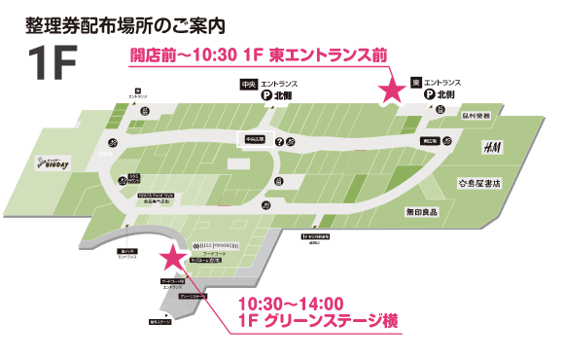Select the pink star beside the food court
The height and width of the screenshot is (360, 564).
pyautogui.click(x=173, y=258)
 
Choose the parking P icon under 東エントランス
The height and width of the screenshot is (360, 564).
pyautogui.click(x=431, y=97)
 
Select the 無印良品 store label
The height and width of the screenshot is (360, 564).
pyautogui.click(x=422, y=209)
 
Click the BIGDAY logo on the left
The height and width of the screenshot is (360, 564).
pyautogui.click(x=53, y=165)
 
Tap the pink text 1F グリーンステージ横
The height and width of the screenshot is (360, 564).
pyautogui.click(x=318, y=321)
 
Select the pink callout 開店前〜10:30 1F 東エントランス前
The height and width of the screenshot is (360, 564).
pyautogui.click(x=259, y=54)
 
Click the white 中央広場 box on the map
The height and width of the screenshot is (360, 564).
pyautogui.click(x=257, y=138)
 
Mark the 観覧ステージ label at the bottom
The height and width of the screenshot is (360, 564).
pyautogui.click(x=159, y=321)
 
